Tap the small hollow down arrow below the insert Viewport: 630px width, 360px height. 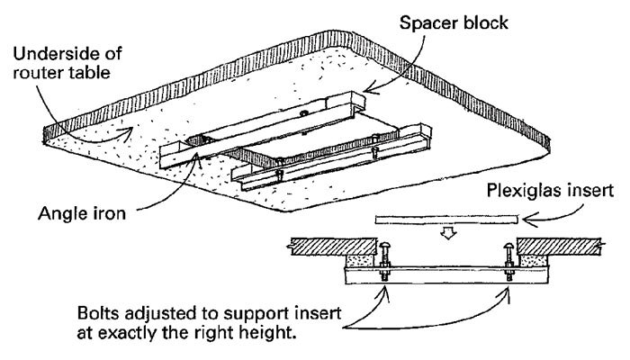[446, 235]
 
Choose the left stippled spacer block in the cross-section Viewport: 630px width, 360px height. [364, 263]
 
